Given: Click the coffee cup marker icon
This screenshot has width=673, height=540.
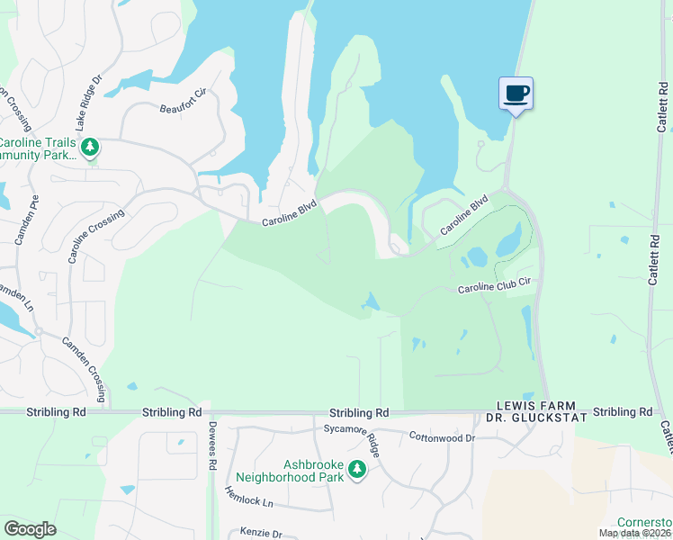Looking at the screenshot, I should click(x=516, y=93).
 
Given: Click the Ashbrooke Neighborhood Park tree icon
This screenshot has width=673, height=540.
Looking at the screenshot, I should click(x=357, y=469).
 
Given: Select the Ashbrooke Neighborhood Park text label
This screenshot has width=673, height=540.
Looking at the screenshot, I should click(x=290, y=471).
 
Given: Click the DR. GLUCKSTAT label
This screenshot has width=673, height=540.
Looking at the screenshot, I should click(x=536, y=418).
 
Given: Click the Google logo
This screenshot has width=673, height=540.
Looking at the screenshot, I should click(x=30, y=529).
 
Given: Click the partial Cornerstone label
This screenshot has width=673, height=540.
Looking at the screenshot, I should click(x=644, y=523).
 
